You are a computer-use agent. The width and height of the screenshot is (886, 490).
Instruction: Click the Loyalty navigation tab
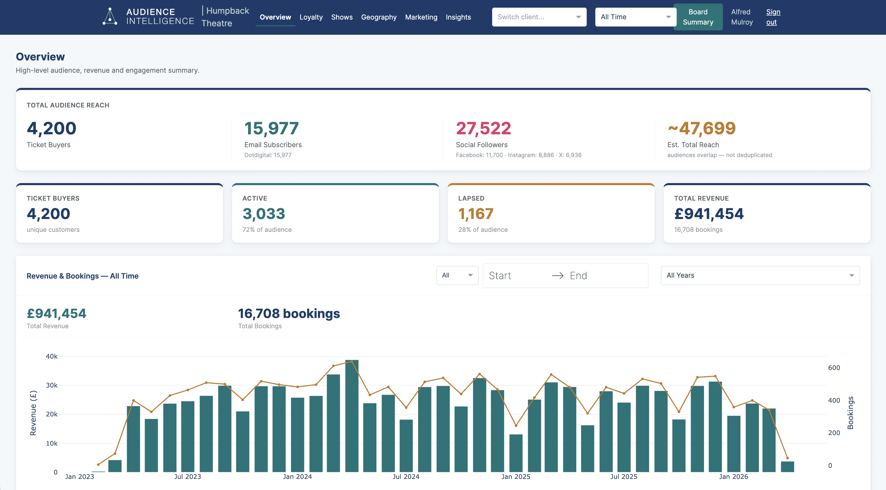pos(311,17)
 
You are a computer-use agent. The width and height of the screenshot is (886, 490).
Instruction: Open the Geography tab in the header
pos(379,17)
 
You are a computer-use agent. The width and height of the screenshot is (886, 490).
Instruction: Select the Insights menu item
pos(458,17)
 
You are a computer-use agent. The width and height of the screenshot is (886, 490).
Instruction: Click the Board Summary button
pos(698,17)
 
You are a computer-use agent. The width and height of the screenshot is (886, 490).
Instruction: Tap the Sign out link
pos(773,17)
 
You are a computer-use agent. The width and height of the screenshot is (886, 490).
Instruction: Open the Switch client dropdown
pos(539,17)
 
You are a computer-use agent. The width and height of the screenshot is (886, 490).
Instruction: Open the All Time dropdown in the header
pos(635,17)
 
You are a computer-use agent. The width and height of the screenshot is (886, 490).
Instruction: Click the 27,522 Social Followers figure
pos(483,128)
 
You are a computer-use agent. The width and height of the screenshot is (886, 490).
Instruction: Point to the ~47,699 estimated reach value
pos(701,128)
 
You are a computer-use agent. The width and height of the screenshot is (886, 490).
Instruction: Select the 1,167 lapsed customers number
pos(476,214)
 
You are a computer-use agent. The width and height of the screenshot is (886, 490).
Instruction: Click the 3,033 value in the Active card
pos(264,214)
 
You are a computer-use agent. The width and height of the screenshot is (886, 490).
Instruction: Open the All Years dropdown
pos(760,276)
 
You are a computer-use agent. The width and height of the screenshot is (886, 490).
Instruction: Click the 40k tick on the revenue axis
pos(52,356)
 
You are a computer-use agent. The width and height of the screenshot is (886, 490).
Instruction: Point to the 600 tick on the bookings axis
pos(834,368)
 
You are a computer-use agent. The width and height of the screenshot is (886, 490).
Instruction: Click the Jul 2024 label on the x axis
pos(406,477)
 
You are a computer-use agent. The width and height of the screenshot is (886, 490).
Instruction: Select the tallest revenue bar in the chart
pos(352,416)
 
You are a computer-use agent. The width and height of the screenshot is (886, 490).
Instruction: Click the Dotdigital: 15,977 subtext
pos(268,155)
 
